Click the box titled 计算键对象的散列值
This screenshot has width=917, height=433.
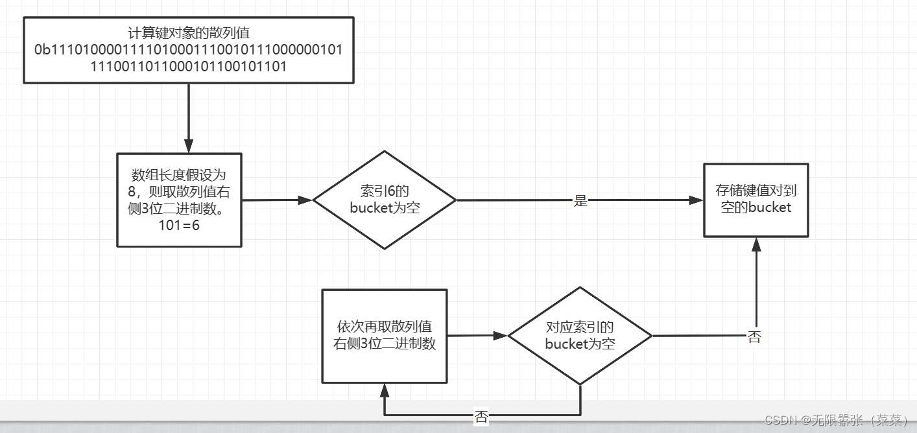pos(188,32)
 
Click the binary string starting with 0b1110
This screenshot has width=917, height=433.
pos(188,50)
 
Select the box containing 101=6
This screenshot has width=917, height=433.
pos(179,200)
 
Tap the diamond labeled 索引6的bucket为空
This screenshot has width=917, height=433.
pos(385,200)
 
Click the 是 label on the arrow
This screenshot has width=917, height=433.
pos(580,201)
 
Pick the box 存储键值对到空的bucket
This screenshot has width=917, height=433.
pos(756,200)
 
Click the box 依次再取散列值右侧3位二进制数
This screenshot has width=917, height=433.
pos(385,335)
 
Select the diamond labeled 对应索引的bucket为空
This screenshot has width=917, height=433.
pos(580,336)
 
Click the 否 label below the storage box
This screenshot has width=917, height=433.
pos(754,337)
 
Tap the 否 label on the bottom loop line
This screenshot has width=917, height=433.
pos(481,417)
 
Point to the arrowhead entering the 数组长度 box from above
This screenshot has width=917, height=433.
pos(189,146)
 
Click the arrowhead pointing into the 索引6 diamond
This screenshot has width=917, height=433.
pos(305,200)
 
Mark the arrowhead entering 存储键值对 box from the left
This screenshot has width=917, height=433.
pos(697,200)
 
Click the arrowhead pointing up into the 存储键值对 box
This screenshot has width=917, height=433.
pos(756,244)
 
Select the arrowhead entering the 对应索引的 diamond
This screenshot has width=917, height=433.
pos(500,336)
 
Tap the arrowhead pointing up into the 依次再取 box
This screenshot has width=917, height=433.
pos(385,389)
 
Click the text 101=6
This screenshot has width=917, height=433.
pos(179,225)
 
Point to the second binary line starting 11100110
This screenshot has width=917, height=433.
pos(188,65)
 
